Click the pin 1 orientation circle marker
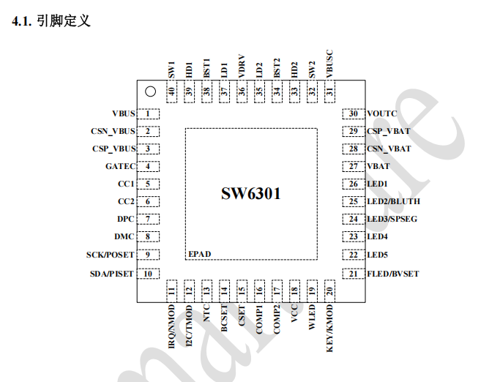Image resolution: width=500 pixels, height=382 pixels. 150,91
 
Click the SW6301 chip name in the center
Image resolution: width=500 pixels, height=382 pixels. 251,194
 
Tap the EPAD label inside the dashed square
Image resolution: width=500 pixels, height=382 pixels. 200,253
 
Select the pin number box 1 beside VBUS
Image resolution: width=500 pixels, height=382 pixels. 149,113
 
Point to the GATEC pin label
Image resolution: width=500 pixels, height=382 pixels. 120,166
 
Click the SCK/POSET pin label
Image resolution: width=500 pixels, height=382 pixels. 110,254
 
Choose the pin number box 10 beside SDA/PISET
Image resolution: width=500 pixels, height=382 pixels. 149,274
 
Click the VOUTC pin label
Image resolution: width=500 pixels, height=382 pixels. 381,113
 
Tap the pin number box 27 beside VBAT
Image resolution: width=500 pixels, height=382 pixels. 354,166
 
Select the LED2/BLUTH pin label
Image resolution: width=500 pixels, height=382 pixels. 393,201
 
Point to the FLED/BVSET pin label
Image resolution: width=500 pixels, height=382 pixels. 393,274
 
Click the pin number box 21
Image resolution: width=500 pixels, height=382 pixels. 354,274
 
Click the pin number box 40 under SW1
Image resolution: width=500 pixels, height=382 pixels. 171,91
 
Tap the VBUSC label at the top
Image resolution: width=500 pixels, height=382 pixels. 329,64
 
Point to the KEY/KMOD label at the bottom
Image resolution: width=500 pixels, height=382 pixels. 330,329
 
